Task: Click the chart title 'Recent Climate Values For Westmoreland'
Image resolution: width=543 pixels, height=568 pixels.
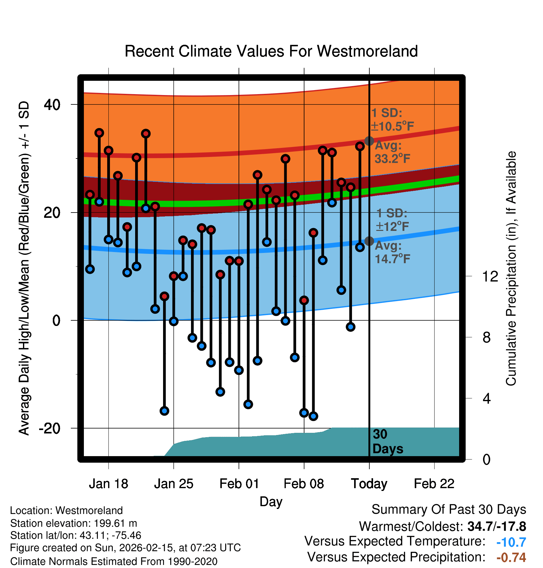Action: pos(271,51)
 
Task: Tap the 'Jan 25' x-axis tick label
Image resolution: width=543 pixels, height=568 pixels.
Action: pos(174,484)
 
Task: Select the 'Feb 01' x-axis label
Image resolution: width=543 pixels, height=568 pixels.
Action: pos(239,484)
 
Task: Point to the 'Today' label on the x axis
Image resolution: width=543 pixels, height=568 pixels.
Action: pos(369,484)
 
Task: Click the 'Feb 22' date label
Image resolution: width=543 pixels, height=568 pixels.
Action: pos(434,484)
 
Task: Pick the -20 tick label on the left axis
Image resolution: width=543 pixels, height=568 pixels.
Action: pos(50,428)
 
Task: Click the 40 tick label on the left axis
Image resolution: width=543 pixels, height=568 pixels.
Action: pos(52,105)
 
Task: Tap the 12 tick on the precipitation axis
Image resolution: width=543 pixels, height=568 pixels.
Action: pos(490,276)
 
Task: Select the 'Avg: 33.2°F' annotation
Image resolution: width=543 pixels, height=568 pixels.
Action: pos(392,152)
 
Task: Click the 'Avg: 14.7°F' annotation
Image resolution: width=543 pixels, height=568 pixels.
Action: pos(392,252)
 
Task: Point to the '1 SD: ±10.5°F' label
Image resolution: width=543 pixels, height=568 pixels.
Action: pos(392,120)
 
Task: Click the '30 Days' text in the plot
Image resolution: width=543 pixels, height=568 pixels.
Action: pos(387,442)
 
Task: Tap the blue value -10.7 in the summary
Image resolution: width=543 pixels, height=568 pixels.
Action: pos(511,542)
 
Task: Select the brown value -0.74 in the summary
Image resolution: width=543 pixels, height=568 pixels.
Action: pos(511,557)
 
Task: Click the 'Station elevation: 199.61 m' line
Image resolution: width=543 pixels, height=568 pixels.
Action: pos(74,523)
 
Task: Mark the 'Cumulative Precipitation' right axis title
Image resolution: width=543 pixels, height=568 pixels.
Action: pos(511,269)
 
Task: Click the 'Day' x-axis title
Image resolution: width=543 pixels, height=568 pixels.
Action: pos(271,502)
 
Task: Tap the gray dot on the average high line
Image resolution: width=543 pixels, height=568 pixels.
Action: pos(369,141)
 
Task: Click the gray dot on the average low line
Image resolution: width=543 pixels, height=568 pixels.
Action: pos(369,241)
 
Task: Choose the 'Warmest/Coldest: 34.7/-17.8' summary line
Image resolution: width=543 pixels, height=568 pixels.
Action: pos(442,526)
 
